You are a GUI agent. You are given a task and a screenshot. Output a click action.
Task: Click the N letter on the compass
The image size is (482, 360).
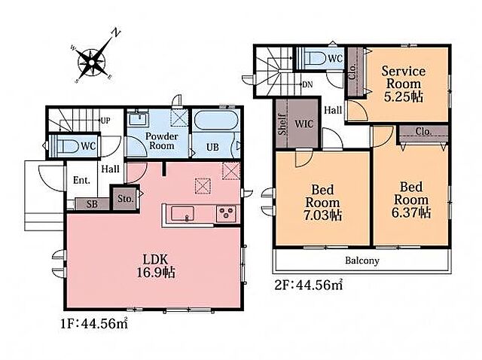116,32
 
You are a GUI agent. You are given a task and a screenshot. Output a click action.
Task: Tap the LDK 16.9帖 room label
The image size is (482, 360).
156,266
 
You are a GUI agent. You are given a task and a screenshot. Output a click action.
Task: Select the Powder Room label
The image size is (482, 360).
162,141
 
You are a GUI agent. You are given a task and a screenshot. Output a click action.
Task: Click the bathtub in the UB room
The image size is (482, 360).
216,121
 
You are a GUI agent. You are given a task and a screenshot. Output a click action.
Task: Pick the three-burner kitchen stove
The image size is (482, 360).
226,213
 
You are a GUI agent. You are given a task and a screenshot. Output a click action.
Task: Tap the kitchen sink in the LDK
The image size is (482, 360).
182,213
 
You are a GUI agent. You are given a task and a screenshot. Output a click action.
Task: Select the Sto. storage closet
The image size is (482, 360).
126,197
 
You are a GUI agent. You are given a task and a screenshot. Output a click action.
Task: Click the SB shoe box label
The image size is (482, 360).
92,204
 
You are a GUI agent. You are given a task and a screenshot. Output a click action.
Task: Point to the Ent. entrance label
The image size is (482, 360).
81,180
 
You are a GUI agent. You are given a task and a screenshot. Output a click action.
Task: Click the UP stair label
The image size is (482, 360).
105,121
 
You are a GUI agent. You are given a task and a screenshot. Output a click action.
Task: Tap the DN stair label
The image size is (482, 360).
307,84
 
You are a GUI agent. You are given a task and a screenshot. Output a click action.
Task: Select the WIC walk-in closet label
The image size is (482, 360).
304,124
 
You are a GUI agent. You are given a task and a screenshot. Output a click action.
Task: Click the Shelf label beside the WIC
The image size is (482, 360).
282,124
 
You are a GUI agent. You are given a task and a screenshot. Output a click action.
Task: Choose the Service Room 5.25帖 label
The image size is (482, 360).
404,84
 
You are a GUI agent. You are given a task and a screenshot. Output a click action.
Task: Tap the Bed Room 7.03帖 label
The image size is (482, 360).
322,203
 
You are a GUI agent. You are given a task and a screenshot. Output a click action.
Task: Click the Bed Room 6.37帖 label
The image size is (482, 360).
411,200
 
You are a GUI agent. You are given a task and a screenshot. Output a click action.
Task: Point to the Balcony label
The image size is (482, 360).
361,261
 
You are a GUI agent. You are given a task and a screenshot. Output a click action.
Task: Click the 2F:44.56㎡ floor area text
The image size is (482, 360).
309,285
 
